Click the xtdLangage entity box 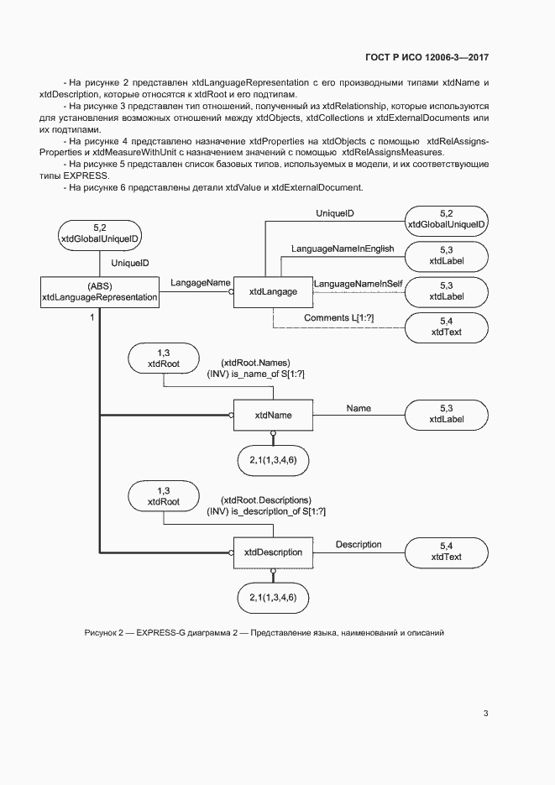tap(273, 290)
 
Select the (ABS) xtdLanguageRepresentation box tap(100, 291)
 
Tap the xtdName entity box tap(273, 415)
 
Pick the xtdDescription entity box tap(273, 552)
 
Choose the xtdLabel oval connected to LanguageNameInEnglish tap(446, 256)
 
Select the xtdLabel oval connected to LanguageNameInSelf tap(446, 290)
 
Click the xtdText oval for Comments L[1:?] tap(446, 327)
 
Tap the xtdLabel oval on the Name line tap(446, 413)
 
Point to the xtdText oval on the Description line tap(446, 551)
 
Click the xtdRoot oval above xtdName tap(164, 358)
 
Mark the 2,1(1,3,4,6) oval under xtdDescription tap(273, 598)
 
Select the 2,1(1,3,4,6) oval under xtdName tap(273, 461)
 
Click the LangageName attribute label tap(200, 284)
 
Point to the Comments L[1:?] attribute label tap(338, 318)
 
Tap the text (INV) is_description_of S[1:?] tap(266, 511)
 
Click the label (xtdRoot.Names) tap(255, 363)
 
